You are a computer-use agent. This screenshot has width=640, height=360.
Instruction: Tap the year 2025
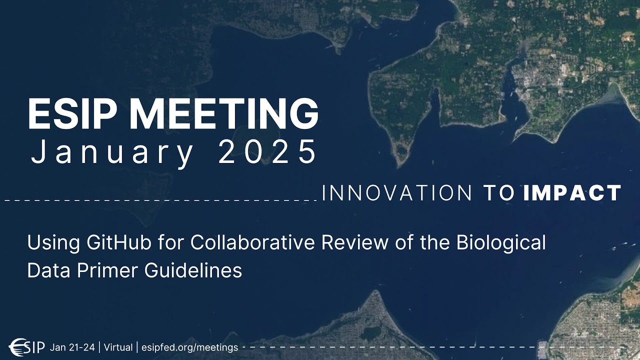[x=267, y=153]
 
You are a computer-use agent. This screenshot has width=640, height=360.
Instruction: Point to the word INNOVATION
[x=397, y=193]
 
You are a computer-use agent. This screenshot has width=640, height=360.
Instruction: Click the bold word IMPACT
[x=572, y=193]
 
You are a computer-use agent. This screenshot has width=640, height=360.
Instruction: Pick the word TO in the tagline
[x=499, y=193]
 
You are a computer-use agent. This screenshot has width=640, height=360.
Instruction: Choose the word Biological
[x=501, y=243]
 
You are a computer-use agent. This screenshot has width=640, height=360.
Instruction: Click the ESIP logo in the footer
[x=28, y=346]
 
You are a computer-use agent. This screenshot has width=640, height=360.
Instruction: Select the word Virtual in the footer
[x=118, y=346]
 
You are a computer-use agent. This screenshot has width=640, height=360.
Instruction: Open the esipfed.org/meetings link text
[x=189, y=346]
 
